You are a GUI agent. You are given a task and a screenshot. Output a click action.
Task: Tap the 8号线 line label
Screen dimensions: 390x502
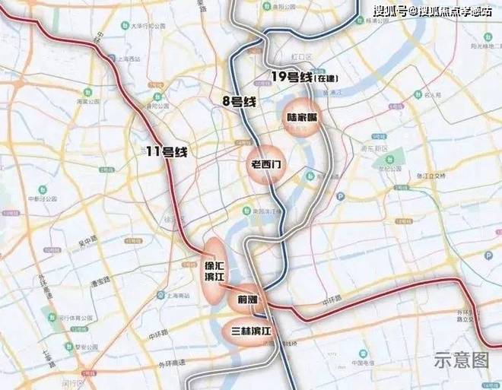coord(237,100)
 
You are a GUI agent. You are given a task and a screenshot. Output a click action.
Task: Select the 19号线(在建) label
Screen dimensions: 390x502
coord(304,78)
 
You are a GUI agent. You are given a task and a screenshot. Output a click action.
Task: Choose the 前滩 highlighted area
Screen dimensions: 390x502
coord(248,299)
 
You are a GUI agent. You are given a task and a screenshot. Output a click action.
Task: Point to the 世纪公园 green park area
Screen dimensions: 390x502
coord(390,162)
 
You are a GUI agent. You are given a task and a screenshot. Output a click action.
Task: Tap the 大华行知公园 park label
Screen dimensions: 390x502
coord(145,26)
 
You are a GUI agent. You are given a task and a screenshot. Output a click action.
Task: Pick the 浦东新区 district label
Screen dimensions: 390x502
coord(375,148)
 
